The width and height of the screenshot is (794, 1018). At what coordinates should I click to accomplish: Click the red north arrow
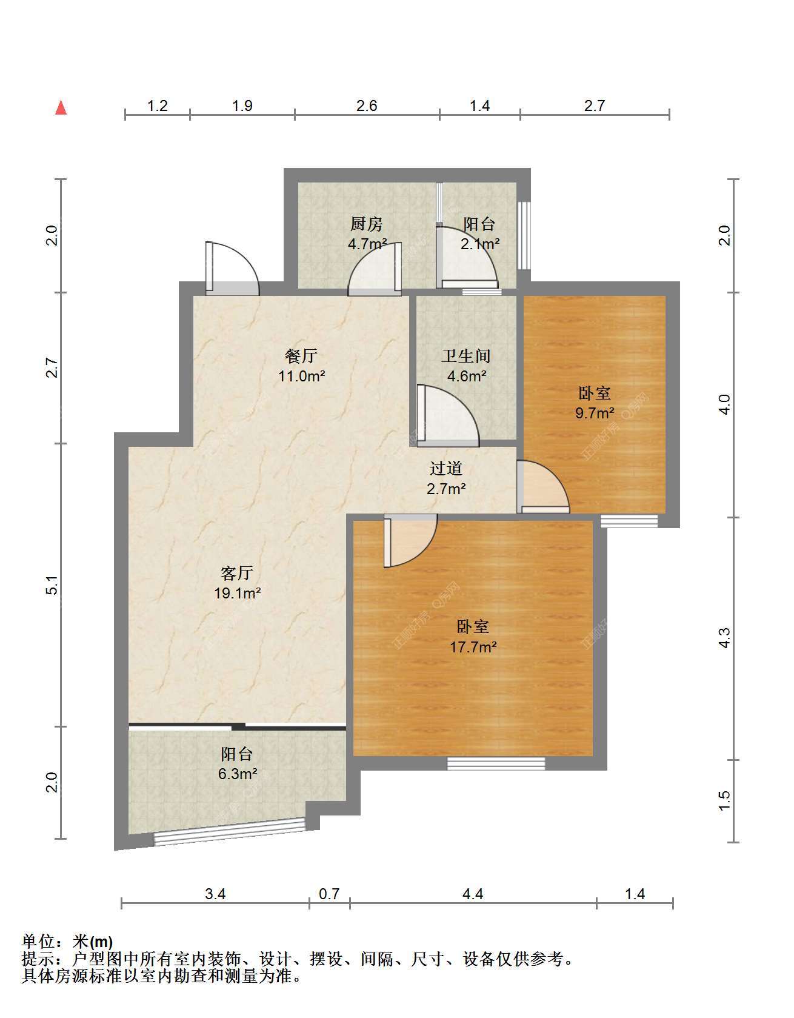click(61, 107)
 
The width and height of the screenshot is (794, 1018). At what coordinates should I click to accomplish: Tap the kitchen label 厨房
click(367, 224)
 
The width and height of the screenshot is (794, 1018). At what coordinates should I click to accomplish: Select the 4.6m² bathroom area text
click(467, 376)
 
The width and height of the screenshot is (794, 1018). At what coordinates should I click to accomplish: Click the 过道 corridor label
click(446, 468)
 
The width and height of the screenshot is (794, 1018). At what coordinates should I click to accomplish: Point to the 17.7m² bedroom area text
click(473, 647)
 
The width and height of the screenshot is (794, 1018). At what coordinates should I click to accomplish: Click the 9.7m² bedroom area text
click(595, 414)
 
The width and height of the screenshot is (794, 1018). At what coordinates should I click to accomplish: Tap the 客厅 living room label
click(237, 573)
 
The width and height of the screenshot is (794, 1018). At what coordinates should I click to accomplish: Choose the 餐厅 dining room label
click(301, 356)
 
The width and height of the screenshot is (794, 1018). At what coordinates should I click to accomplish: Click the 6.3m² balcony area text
click(237, 774)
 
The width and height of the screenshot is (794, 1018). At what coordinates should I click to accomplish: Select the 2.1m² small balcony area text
click(479, 244)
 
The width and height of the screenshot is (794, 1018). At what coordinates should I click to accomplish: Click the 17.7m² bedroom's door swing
click(410, 540)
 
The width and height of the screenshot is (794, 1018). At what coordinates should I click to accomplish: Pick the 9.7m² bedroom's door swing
click(543, 486)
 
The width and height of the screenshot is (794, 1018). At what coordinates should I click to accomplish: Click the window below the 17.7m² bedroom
click(496, 763)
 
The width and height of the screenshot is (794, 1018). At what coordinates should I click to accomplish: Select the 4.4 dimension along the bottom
click(473, 894)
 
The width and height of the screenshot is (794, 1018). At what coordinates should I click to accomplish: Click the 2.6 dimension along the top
click(367, 105)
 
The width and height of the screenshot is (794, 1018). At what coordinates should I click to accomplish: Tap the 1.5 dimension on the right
click(724, 800)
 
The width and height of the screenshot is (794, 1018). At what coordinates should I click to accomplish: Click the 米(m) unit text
click(92, 942)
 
